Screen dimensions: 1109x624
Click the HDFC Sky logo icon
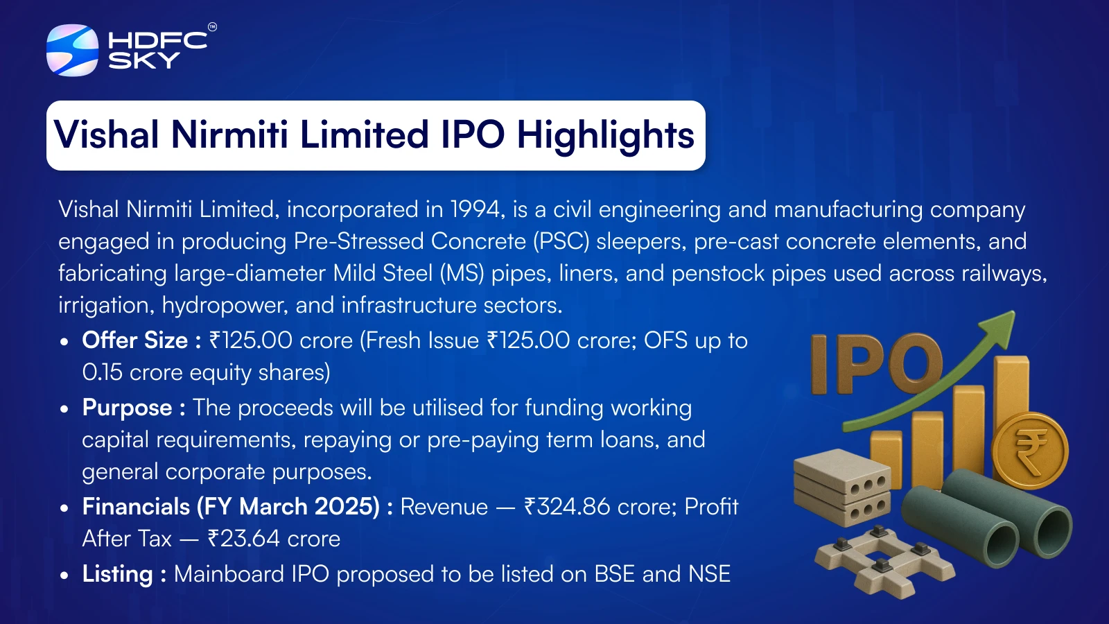click(72, 50)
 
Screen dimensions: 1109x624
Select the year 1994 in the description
click(477, 209)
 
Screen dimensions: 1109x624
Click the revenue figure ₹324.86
click(568, 507)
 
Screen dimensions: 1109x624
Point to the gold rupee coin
click(1030, 450)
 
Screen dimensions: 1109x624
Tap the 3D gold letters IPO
click(877, 363)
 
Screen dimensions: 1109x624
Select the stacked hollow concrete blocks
click(842, 487)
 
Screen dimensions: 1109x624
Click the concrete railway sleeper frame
click(884, 561)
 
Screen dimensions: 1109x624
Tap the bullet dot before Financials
click(64, 508)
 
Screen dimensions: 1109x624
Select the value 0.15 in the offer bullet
click(102, 372)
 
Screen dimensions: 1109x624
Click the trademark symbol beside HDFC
click(212, 27)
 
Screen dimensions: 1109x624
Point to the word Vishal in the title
click(107, 135)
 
